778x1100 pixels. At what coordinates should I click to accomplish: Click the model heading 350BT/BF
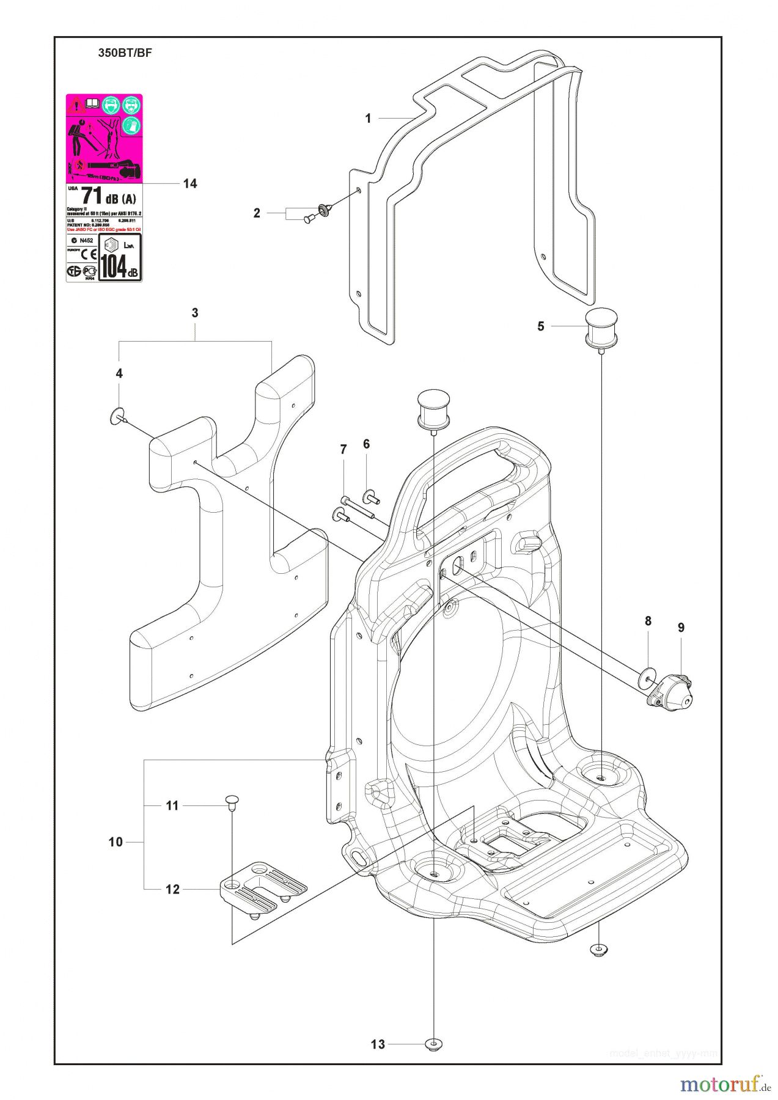coord(125,53)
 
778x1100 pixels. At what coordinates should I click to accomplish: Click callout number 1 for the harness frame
coord(368,118)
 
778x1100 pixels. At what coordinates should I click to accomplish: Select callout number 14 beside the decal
coord(190,183)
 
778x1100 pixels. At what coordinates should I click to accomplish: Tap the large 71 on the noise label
coord(92,196)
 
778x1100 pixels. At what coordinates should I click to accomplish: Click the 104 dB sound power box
coord(120,257)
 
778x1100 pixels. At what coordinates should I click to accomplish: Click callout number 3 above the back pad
coord(195,313)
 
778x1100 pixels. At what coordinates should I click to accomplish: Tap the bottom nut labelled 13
coord(433,1044)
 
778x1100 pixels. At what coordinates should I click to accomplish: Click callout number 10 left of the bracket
coord(116,842)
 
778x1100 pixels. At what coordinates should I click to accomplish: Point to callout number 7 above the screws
coord(343,450)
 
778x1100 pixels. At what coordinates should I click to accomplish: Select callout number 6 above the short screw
coord(366,444)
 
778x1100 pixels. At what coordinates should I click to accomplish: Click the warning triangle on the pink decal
coord(76,105)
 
